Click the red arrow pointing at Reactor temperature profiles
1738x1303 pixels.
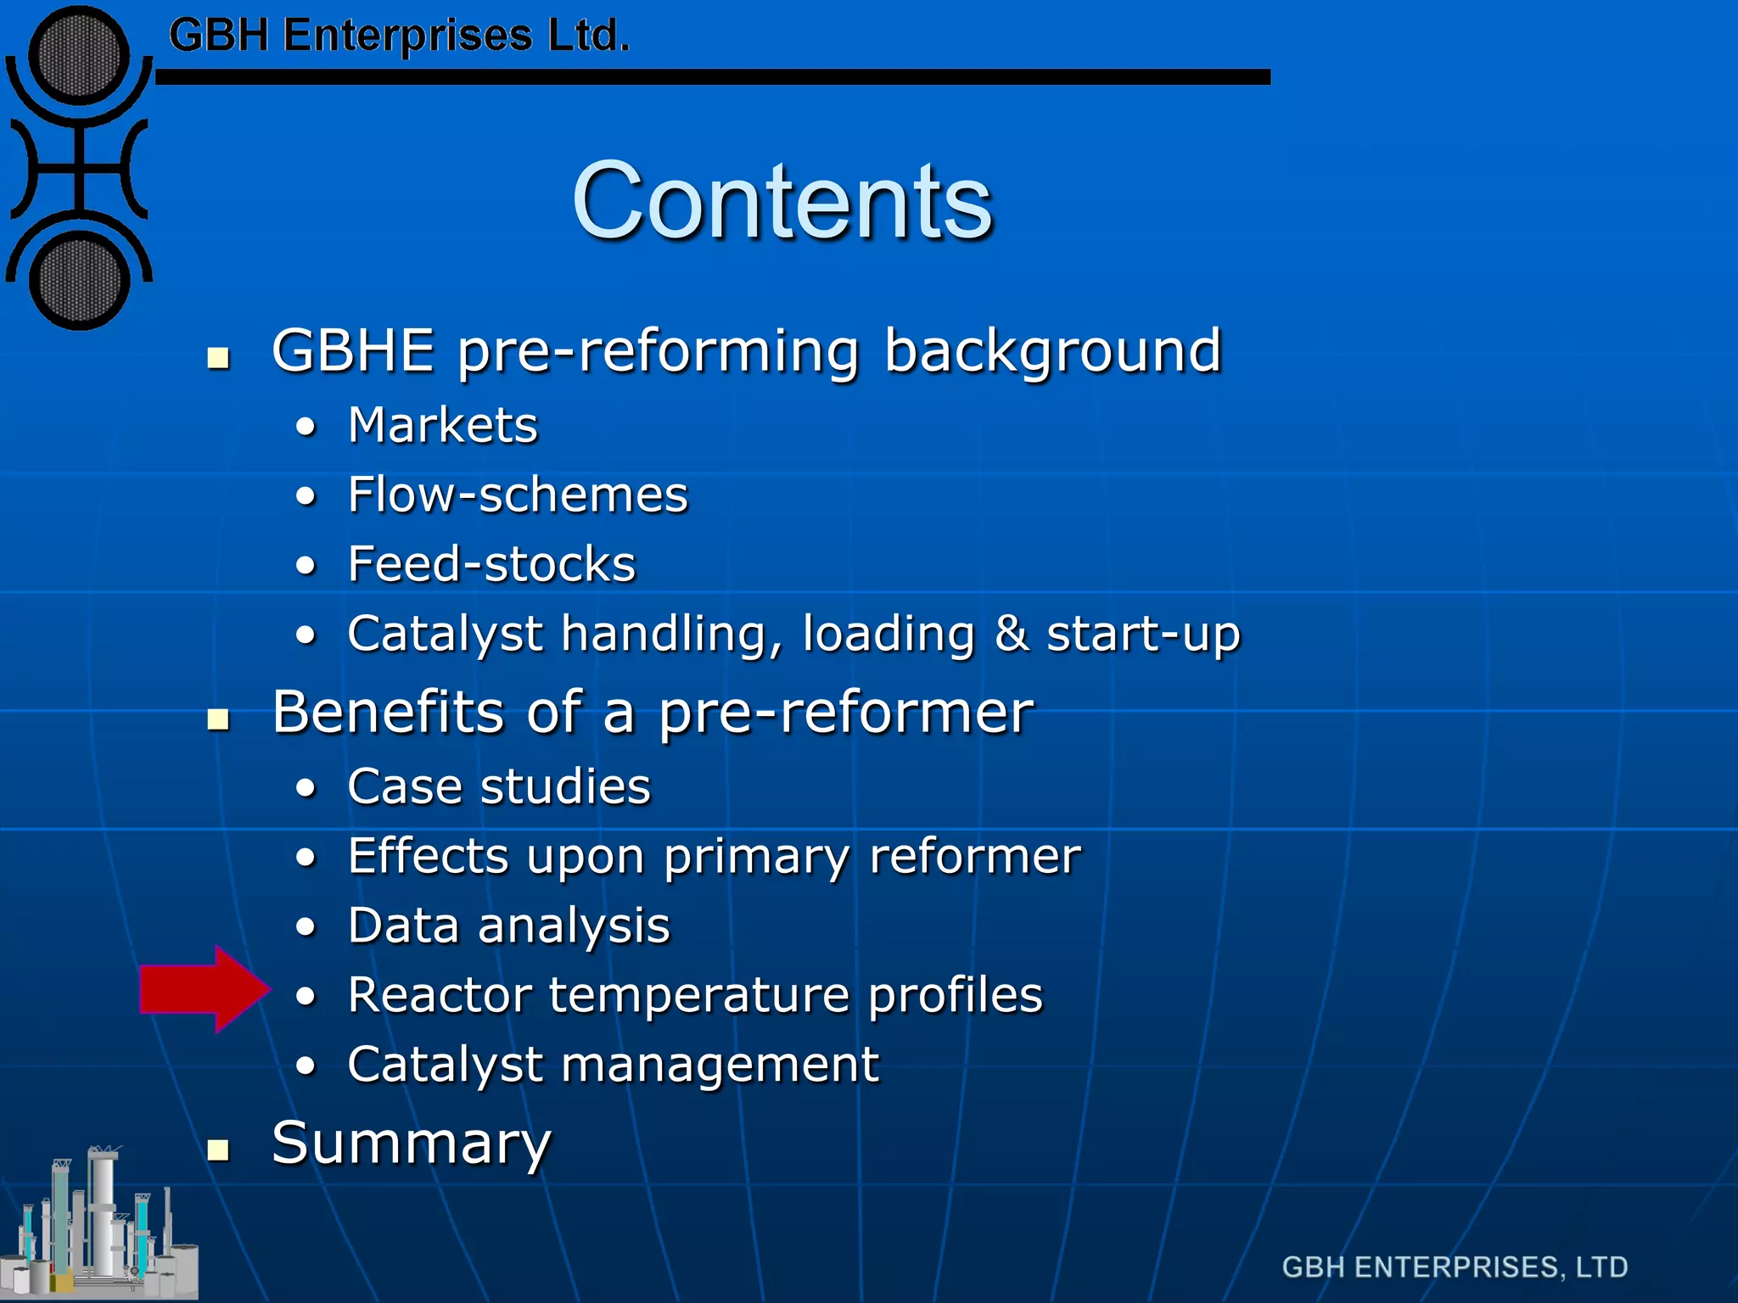tap(204, 989)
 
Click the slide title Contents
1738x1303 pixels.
tap(782, 202)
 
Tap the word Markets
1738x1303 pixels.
tap(443, 425)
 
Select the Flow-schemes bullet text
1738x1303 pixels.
tap(518, 495)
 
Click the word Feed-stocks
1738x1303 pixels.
tap(491, 564)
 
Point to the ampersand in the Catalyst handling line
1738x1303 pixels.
tap(1010, 634)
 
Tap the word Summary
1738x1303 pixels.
tap(412, 1143)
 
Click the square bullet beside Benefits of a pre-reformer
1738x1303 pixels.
tap(219, 719)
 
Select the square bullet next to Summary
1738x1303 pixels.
tap(219, 1149)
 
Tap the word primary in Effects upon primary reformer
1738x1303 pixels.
tap(756, 858)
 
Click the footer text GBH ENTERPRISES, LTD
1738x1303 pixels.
tap(1455, 1267)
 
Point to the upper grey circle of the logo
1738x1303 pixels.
tap(79, 56)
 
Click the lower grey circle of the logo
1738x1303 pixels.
tap(79, 281)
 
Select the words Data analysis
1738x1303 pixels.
tap(508, 926)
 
